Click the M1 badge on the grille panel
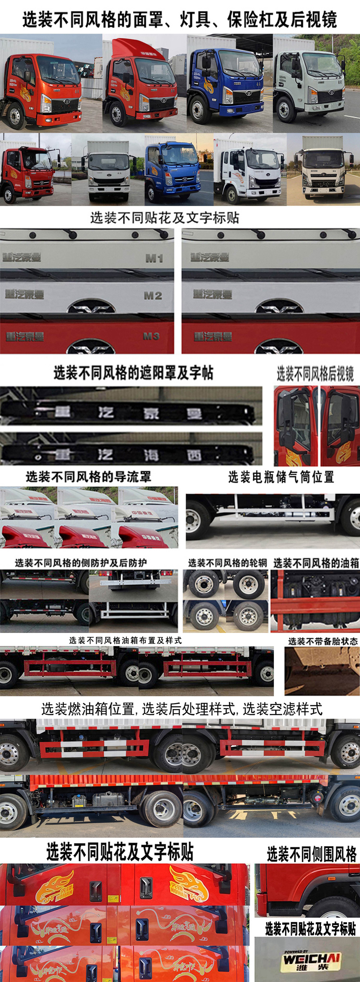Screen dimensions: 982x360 pos(154,258)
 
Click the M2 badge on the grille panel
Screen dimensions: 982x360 pos(153,295)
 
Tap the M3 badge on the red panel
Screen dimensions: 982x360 pos(151,336)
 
